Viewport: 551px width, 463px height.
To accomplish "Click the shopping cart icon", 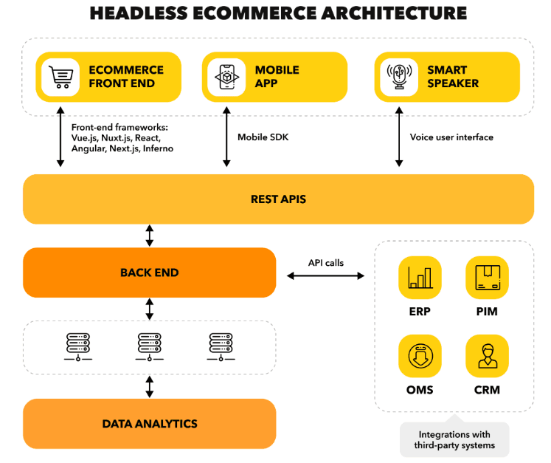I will [60, 77].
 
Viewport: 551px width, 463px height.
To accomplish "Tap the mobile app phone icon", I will [226, 77].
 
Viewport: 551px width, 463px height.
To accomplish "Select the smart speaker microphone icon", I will [399, 77].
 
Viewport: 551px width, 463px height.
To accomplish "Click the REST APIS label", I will [278, 199].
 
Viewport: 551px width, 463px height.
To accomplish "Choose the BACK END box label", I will [149, 272].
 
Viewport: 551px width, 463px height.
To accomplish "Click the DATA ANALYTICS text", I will [149, 424].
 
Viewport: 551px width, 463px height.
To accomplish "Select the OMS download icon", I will [420, 356].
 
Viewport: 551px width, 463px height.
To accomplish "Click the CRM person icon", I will [487, 356].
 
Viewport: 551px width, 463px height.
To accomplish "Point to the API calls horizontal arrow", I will [325, 276].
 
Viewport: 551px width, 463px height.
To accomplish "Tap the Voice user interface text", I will [451, 137].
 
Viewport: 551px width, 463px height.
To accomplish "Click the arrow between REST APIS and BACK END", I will [150, 235].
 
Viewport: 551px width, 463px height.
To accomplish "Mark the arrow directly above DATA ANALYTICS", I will [150, 386].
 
